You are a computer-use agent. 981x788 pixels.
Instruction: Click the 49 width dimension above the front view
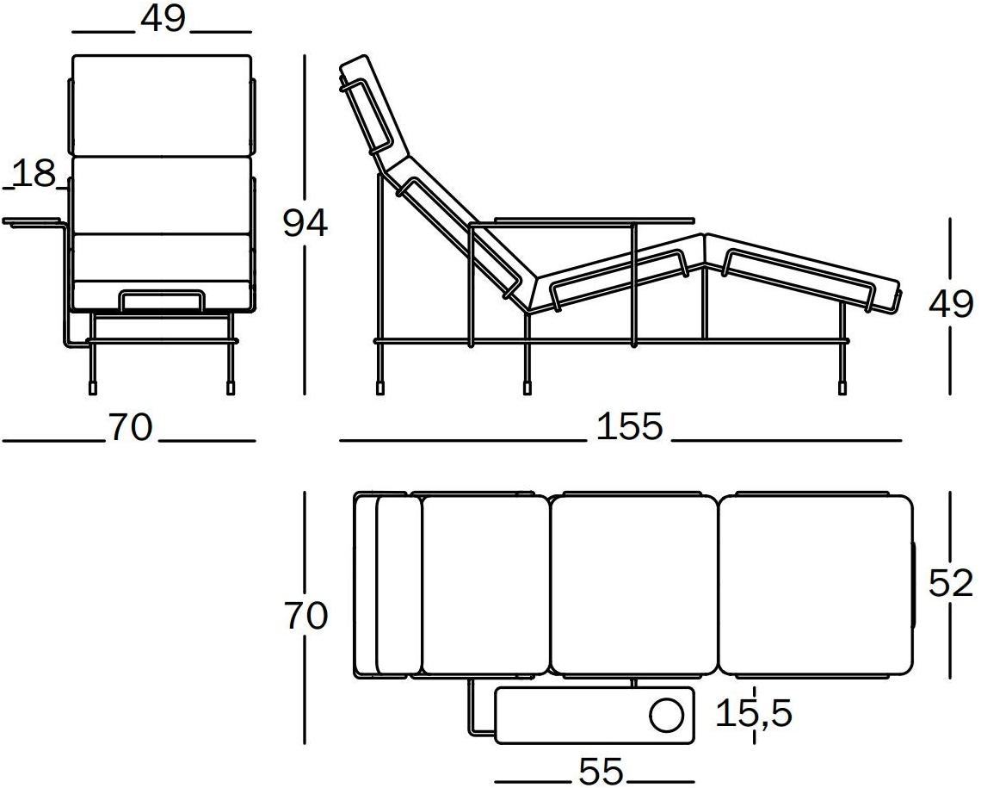pos(163,20)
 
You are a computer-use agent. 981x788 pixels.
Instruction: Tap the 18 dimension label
pos(34,173)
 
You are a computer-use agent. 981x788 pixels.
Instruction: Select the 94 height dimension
pos(305,223)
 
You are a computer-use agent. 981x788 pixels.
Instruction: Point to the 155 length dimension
pos(629,426)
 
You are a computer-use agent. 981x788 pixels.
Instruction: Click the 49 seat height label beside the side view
pos(951,306)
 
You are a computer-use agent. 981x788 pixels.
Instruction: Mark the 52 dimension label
pos(951,583)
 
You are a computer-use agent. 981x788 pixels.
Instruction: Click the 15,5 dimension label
pos(754,714)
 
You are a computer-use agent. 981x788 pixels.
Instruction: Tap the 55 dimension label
pos(602,771)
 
